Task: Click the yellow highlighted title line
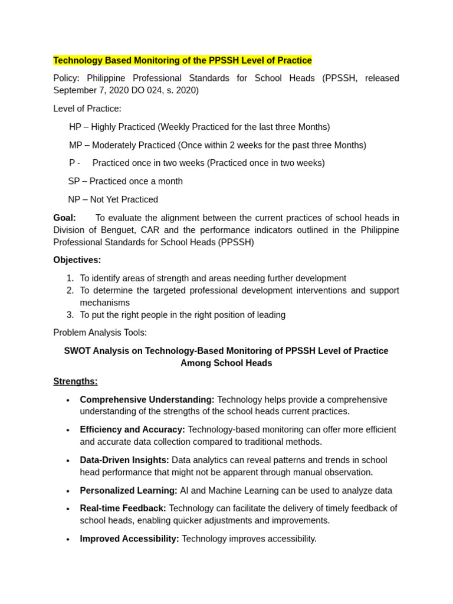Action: tap(182, 61)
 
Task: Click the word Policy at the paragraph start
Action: tap(65, 78)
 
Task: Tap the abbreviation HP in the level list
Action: tap(75, 127)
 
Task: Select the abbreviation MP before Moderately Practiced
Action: tap(75, 146)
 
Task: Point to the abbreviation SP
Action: tap(74, 182)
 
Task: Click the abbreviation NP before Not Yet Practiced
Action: tap(74, 200)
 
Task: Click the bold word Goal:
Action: tap(64, 218)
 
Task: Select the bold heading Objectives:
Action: tap(77, 260)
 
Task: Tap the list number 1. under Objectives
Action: tap(70, 278)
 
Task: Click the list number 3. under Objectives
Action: tap(70, 315)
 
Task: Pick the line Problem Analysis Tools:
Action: tap(100, 333)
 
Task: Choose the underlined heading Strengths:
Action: tap(75, 382)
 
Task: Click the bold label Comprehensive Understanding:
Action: tap(147, 400)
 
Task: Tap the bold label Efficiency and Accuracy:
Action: tap(132, 430)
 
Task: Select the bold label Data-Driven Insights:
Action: tap(124, 460)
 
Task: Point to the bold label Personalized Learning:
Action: tap(129, 491)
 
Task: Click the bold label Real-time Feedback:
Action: tap(123, 508)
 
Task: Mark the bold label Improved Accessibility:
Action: tap(129, 539)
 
